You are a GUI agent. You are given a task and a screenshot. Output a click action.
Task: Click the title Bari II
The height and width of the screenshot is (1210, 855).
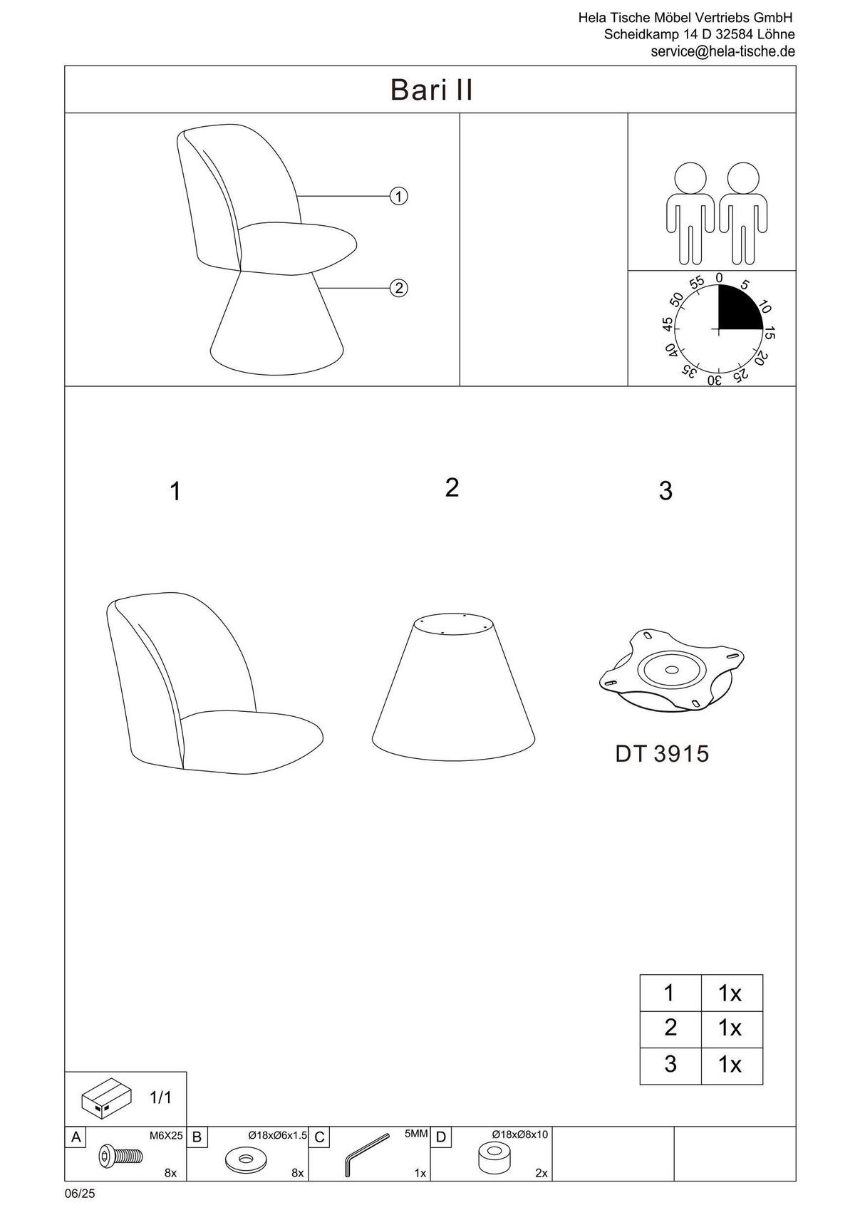tap(431, 90)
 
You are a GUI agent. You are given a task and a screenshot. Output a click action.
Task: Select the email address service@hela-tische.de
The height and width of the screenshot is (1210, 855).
tap(722, 51)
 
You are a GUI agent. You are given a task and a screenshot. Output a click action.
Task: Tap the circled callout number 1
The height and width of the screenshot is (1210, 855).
tap(399, 196)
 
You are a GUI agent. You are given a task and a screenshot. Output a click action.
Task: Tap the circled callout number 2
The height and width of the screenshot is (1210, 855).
tap(399, 288)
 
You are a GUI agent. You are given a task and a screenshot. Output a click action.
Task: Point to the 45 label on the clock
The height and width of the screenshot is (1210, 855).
tap(668, 324)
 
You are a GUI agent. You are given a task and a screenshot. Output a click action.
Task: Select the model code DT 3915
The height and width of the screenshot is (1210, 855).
tap(662, 754)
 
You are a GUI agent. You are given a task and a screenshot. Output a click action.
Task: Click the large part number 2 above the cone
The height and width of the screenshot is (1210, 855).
tap(452, 488)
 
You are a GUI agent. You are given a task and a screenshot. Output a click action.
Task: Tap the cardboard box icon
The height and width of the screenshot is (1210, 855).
tap(107, 1097)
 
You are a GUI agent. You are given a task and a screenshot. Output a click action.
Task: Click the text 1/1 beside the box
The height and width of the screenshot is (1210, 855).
tap(160, 1097)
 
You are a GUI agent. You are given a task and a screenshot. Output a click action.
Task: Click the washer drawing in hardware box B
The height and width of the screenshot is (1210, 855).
tap(246, 1159)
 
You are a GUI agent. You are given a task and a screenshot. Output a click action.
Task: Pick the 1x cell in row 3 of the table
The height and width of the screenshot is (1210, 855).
tap(730, 1064)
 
